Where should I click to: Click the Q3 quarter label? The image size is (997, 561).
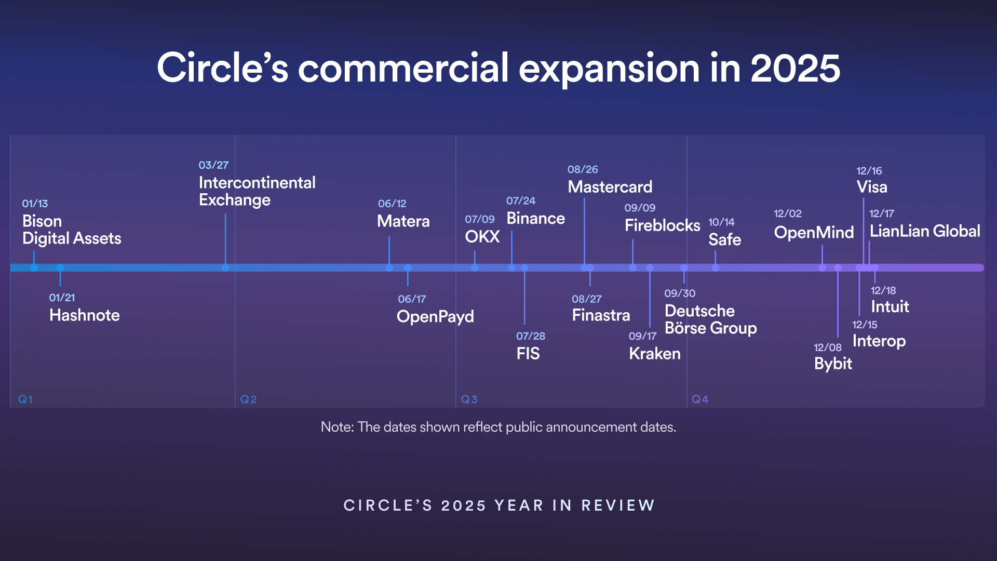(469, 399)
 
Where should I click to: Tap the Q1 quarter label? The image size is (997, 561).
(25, 399)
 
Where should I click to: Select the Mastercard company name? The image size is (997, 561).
(610, 187)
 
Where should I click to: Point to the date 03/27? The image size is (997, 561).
(213, 165)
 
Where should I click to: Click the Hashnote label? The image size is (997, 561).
(84, 315)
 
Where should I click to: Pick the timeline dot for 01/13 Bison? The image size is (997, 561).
(34, 268)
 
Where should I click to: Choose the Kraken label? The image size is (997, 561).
(654, 354)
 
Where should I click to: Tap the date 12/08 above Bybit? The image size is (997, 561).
(827, 348)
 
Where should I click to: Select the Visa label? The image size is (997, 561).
(872, 187)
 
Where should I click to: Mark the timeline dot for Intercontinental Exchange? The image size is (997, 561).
(225, 268)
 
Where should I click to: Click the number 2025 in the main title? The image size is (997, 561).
(795, 68)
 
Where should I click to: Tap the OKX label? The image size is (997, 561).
(482, 237)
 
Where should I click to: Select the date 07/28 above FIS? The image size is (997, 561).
(530, 336)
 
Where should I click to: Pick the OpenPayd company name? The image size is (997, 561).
(435, 317)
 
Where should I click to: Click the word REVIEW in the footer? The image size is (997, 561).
(618, 505)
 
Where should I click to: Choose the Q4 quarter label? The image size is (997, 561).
(699, 399)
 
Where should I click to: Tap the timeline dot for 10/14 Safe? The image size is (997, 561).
(715, 268)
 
